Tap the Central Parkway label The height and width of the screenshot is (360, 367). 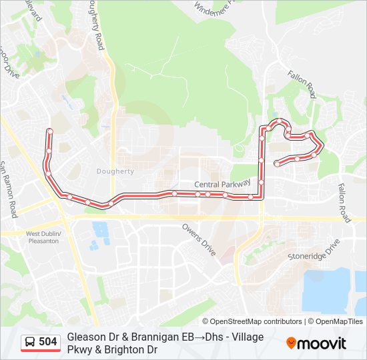coord(222,183)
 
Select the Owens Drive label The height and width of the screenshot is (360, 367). coord(199,239)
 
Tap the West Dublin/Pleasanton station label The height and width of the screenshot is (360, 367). coord(43,237)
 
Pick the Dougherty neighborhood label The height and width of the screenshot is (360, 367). coord(115,171)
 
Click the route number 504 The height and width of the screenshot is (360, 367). coord(47,342)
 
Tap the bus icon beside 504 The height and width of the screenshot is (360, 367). coord(30,342)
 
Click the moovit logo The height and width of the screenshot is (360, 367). coord(316,343)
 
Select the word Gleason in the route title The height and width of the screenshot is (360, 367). coord(85,337)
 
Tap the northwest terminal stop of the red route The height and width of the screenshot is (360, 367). coord(49,131)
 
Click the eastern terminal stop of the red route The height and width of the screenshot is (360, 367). coord(276,163)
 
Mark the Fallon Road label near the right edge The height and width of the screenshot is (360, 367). coord(343,203)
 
